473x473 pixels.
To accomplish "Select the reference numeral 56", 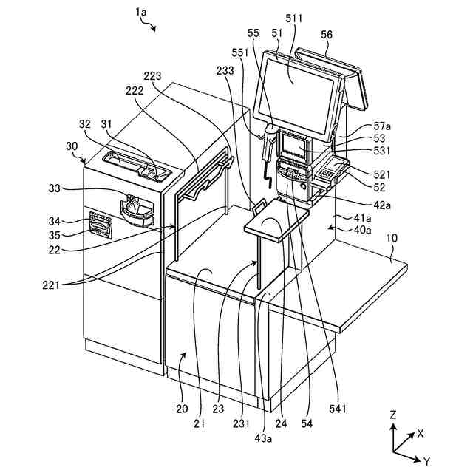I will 326,34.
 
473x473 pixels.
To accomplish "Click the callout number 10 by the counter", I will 392,238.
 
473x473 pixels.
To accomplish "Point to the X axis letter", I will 421,434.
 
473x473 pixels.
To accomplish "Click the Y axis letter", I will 426,460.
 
